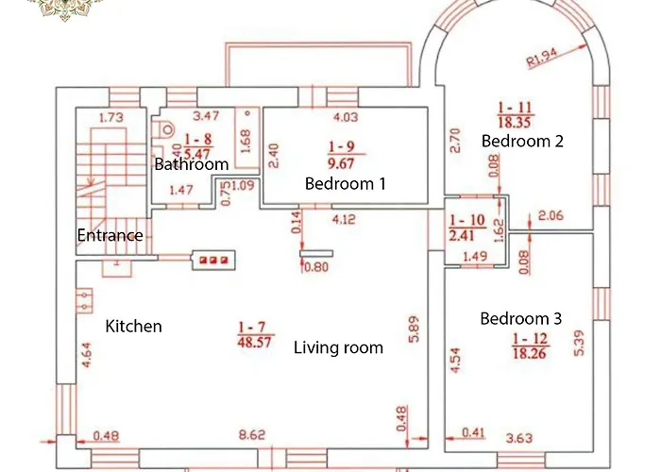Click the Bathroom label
pos(192,164)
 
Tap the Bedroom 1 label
pos(345,183)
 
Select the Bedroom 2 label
pos(522,141)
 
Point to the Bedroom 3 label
pos(520,318)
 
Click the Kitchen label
pos(133,326)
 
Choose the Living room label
pos(338,347)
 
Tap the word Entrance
pos(110,235)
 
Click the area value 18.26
pos(531,355)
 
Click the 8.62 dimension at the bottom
pos(252,435)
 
